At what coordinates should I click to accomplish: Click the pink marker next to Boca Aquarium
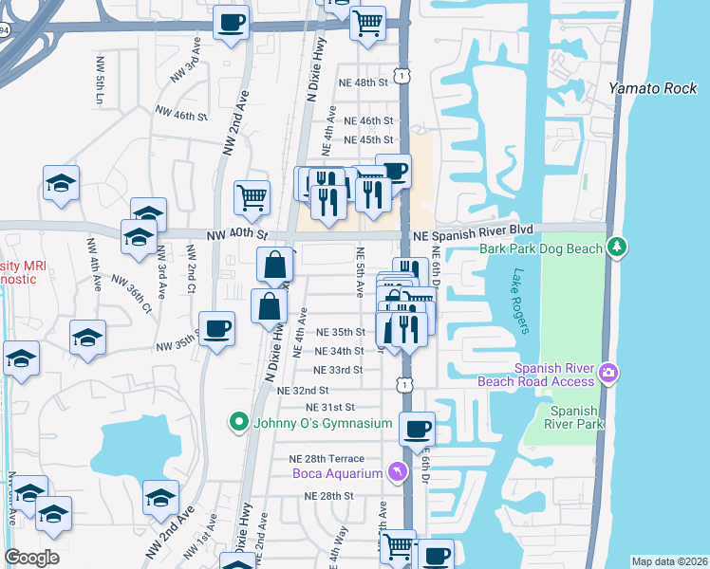397,472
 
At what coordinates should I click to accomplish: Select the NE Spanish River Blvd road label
471,230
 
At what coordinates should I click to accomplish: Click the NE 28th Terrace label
327,459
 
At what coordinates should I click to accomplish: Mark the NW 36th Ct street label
132,294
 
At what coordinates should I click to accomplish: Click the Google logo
31,557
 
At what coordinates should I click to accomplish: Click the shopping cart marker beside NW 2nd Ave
252,198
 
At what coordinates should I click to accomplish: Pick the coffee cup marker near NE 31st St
417,429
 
